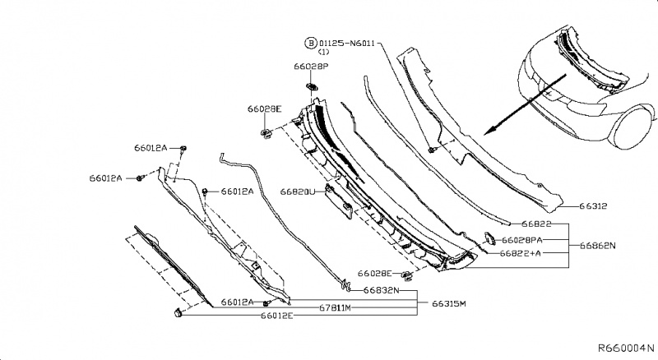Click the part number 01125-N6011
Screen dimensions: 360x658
(347, 41)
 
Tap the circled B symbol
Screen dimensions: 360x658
(311, 41)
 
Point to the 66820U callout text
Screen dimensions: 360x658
(297, 192)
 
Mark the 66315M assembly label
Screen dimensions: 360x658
(448, 303)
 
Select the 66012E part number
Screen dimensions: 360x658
(277, 316)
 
